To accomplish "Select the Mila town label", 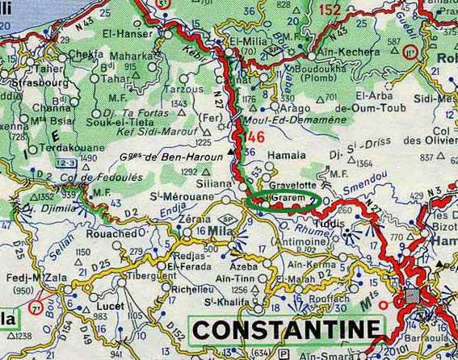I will click(x=219, y=230).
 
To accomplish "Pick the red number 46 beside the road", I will click(x=255, y=135).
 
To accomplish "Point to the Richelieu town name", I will click(x=192, y=288).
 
